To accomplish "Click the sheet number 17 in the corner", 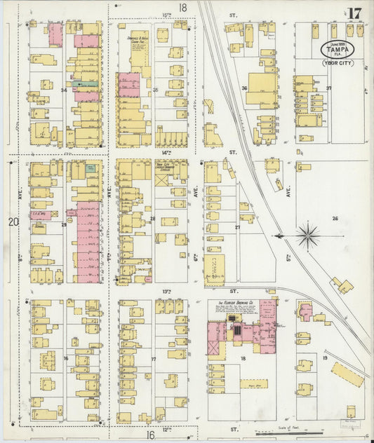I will [354, 13].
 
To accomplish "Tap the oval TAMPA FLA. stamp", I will [338, 49].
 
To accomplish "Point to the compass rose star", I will [307, 236].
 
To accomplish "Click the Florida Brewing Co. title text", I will [232, 304].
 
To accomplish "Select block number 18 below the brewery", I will [243, 358].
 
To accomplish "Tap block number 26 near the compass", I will [335, 219].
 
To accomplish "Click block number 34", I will [63, 90].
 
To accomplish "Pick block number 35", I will [155, 90].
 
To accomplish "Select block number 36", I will [244, 88].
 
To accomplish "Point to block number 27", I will [238, 227].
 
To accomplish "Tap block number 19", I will [325, 358].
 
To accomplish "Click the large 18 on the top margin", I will [183, 8].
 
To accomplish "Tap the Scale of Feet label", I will [288, 427].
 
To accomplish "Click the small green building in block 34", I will [88, 83].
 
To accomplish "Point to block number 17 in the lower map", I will [154, 358].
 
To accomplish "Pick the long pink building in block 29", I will [88, 242].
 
